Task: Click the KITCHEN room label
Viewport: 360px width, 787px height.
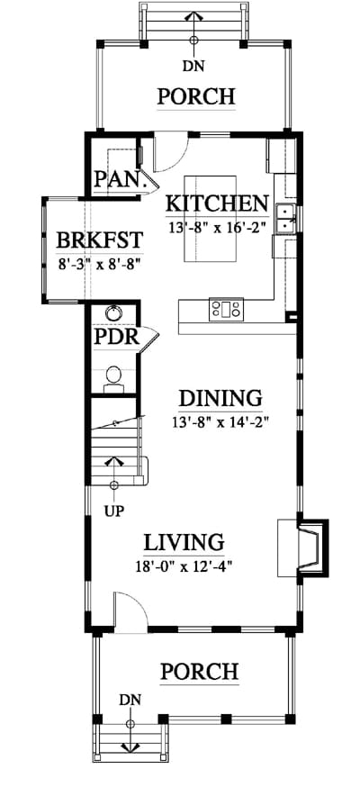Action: (217, 204)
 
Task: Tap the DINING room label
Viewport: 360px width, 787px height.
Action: (220, 398)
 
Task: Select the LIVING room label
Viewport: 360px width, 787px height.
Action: (184, 543)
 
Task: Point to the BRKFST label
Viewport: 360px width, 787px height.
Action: (100, 240)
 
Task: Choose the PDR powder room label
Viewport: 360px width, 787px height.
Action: (116, 336)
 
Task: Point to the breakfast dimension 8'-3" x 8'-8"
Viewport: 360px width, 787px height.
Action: (99, 264)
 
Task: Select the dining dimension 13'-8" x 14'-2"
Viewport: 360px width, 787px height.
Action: (220, 421)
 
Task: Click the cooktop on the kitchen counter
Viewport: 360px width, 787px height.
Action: (227, 308)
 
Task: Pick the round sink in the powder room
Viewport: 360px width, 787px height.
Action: (113, 313)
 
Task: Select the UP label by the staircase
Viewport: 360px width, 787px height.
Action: (114, 511)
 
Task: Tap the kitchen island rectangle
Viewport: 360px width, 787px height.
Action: (210, 218)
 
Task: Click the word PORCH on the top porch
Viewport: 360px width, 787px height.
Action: (196, 95)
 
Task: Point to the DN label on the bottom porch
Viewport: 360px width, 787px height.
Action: (130, 699)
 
